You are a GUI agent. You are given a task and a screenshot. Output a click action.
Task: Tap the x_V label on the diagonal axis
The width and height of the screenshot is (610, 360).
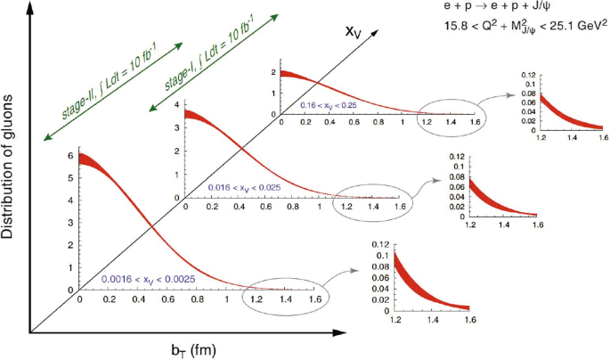point(355,33)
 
